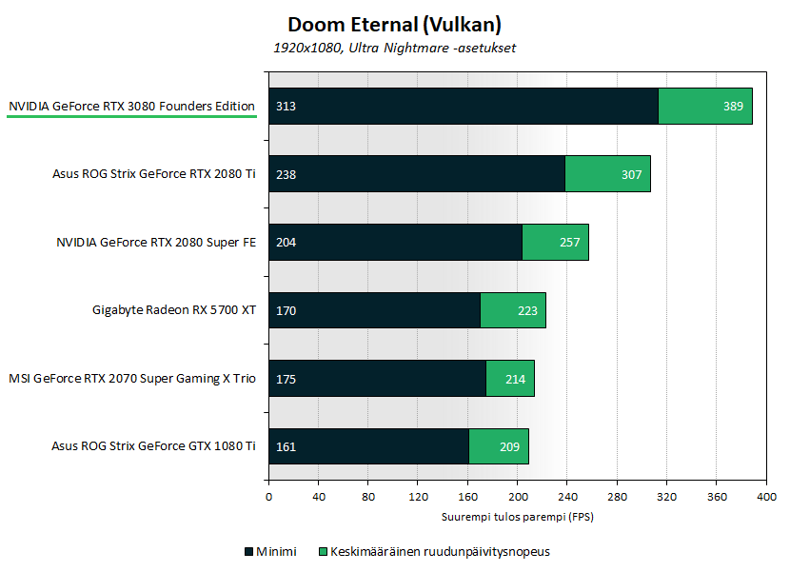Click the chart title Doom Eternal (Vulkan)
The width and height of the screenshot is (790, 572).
point(394,24)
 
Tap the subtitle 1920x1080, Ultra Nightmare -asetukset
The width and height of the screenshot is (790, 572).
point(394,48)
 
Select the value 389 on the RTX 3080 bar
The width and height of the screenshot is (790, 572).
point(733,106)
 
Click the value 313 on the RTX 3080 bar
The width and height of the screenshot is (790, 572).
point(286,106)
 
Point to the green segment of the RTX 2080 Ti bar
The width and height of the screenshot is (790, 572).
point(607,174)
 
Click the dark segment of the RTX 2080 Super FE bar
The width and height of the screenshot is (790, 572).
point(395,242)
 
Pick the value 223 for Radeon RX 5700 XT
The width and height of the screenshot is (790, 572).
point(527,310)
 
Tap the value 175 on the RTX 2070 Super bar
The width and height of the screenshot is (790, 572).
point(286,379)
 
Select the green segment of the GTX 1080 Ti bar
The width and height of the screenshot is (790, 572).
point(499,446)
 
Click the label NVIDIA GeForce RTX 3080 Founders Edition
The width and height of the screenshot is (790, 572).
point(131,106)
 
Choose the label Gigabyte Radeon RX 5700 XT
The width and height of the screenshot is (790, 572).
point(174,310)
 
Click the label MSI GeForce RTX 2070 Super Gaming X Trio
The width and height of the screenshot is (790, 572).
point(132,379)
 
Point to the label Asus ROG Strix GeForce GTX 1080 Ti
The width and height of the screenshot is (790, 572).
point(154,446)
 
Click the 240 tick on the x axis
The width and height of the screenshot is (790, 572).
point(567,497)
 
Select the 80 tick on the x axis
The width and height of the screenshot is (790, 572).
point(368,497)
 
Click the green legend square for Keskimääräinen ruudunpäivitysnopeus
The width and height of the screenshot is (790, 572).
point(323,551)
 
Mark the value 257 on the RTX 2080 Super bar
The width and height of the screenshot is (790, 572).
point(569,242)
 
